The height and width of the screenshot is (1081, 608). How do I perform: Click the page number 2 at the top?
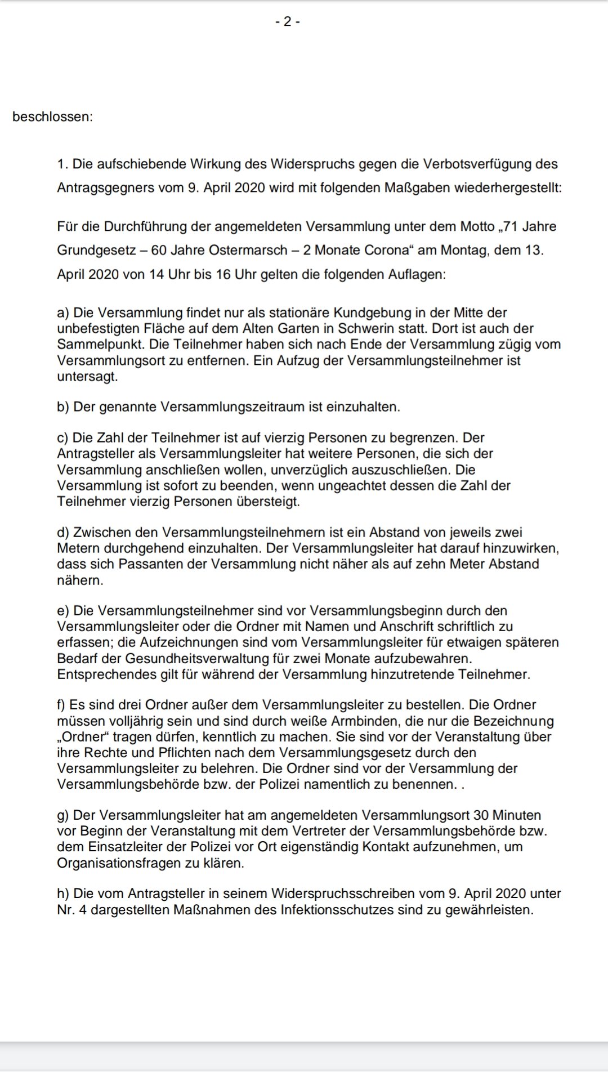[x=287, y=22]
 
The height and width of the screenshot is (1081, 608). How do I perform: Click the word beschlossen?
[x=52, y=117]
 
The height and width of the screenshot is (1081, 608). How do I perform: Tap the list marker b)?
[x=63, y=407]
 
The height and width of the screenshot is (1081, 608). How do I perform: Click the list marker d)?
[x=63, y=533]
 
